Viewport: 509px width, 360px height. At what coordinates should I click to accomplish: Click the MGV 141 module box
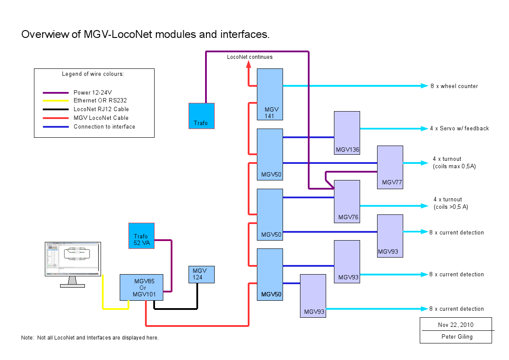coord(270,94)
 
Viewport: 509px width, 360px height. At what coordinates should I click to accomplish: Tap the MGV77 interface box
coord(390,167)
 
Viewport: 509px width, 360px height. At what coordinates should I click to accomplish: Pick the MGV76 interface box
coord(347,201)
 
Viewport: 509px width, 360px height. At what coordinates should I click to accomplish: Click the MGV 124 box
coord(201,274)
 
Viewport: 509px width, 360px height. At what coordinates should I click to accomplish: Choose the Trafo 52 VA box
coord(142,236)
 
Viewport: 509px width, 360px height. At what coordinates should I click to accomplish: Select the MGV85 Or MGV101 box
coord(142,287)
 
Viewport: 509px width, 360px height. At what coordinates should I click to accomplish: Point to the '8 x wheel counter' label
coord(454,86)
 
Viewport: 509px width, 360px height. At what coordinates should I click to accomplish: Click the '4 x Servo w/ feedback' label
coord(459,129)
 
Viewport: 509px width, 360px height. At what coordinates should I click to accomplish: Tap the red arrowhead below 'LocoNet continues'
coord(249,65)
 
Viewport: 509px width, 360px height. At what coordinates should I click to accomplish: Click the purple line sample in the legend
coord(56,93)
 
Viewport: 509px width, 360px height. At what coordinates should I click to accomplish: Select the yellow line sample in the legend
coord(56,101)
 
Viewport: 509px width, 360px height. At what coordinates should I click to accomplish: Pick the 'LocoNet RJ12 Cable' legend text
coord(101,109)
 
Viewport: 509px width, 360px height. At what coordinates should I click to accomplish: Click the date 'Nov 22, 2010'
coord(455,325)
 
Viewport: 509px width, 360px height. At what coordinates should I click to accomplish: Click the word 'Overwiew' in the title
coord(46,35)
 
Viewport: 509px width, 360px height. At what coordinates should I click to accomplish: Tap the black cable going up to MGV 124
coord(197,296)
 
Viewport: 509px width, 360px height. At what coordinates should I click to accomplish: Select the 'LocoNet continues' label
coord(250,57)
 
